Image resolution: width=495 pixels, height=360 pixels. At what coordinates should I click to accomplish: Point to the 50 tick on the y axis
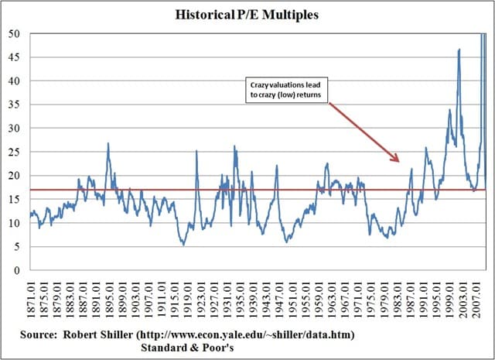click(15, 34)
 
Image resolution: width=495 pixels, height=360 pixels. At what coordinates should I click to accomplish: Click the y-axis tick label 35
click(15, 105)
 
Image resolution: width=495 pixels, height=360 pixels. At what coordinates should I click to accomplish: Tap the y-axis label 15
click(15, 200)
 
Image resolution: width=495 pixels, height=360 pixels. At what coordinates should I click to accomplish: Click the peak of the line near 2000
click(459, 50)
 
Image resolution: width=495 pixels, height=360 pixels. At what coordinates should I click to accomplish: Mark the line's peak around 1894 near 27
click(108, 143)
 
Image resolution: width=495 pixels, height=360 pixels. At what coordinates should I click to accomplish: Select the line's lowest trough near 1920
click(183, 245)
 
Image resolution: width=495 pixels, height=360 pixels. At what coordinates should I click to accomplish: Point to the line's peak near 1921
click(196, 151)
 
